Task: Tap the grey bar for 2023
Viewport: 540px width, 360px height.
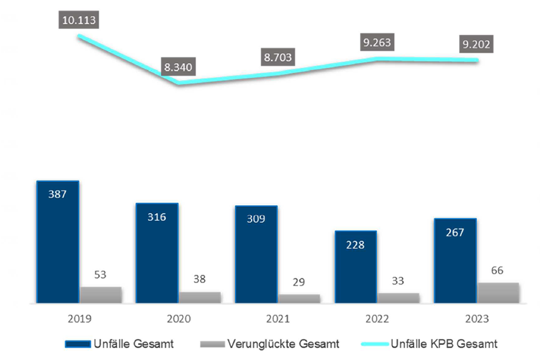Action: pos(498,293)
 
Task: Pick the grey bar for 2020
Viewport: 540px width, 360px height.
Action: pos(200,297)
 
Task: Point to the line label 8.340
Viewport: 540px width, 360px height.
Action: pos(178,67)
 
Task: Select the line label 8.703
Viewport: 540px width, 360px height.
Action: pos(278,58)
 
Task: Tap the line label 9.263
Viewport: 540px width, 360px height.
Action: pos(377,43)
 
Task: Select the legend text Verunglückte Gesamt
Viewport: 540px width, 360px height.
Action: pos(283,344)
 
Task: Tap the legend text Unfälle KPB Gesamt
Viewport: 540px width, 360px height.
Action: pos(443,344)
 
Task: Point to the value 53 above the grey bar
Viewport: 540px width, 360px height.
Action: pos(101,275)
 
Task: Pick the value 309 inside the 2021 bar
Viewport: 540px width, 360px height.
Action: pos(256,218)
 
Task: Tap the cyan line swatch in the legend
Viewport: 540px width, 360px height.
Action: pos(372,344)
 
